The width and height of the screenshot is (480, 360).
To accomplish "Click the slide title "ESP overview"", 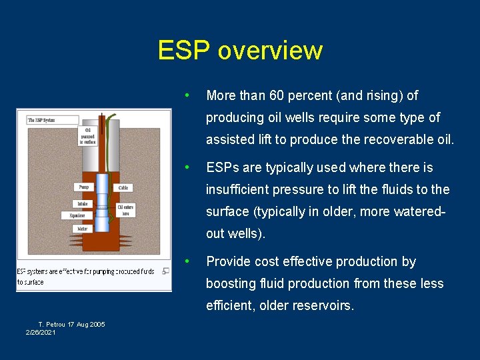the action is click(x=240, y=51).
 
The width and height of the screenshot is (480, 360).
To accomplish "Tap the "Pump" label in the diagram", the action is click(x=84, y=187).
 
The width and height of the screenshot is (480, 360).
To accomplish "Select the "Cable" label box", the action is click(x=123, y=188).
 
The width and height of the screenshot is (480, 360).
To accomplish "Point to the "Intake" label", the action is click(x=82, y=203).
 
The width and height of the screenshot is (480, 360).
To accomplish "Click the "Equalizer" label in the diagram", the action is click(x=77, y=215).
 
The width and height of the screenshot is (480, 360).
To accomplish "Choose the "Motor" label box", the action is click(x=82, y=229).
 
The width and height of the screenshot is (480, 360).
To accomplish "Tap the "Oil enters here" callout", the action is click(x=125, y=211).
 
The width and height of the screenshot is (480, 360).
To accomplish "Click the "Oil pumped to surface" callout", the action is click(x=87, y=136).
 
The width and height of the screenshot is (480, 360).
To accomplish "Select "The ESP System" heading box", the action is click(x=43, y=121).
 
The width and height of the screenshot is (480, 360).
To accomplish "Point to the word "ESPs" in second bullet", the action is click(x=223, y=168).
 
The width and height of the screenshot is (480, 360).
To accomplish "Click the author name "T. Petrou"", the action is click(x=51, y=324).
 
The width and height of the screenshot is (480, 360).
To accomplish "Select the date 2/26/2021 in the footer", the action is click(x=41, y=332).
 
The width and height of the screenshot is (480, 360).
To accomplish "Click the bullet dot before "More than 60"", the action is click(x=190, y=95).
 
